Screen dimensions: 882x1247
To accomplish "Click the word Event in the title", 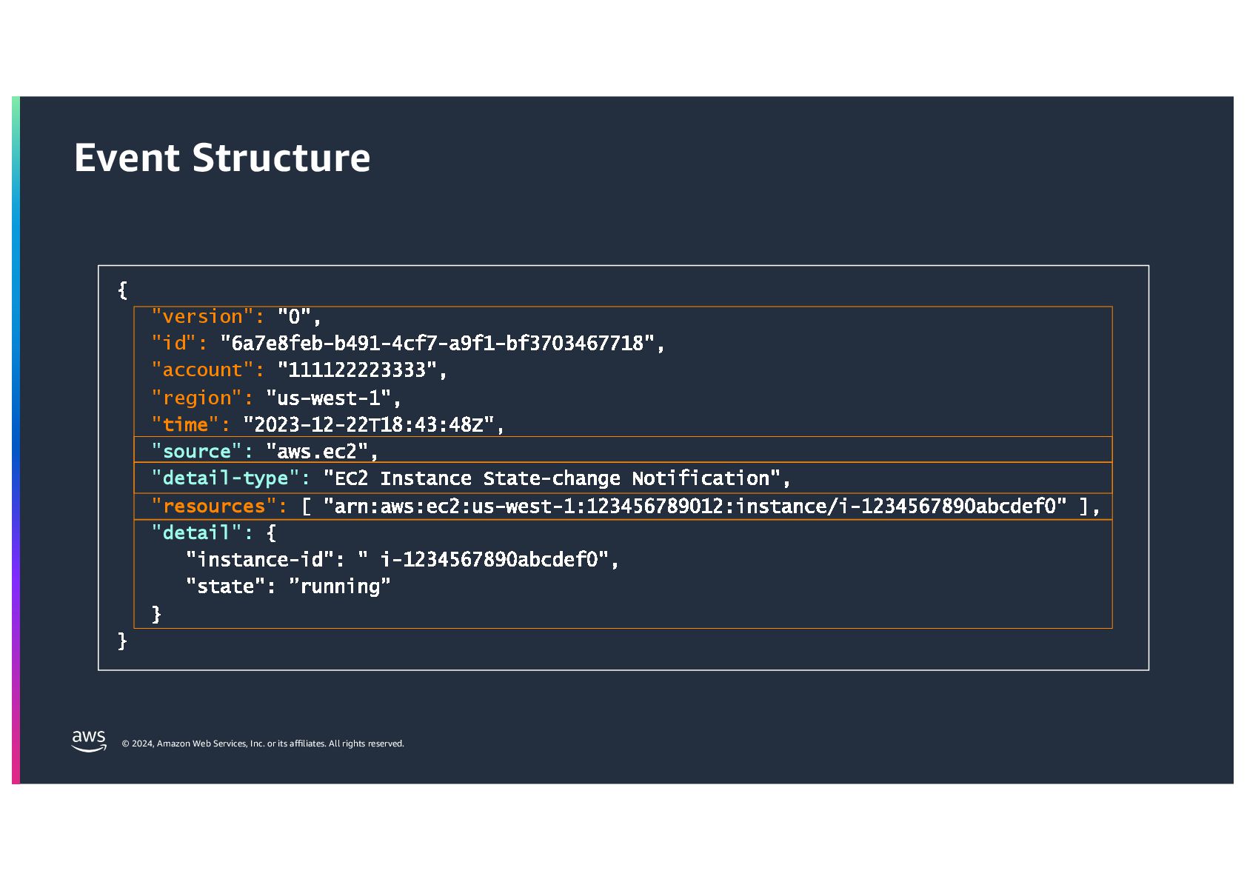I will (x=127, y=158).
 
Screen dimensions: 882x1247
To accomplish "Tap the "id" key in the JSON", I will (x=174, y=344).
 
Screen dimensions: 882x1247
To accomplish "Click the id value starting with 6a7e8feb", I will (x=437, y=344).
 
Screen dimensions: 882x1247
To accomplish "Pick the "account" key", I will (x=202, y=370).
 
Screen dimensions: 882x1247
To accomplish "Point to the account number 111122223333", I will (x=357, y=370).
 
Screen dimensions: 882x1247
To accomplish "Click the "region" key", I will (x=197, y=398).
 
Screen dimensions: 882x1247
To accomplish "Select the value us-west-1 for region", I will (x=328, y=398).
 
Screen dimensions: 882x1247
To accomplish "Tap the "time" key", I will (x=185, y=425).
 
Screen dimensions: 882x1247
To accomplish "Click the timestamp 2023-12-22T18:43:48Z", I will (x=369, y=425).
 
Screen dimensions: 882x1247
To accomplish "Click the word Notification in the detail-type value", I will (x=701, y=478).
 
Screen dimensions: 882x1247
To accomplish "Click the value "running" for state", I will (x=340, y=587).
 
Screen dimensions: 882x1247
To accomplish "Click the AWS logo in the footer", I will (x=89, y=741).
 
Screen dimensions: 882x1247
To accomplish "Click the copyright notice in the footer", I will (x=263, y=744).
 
